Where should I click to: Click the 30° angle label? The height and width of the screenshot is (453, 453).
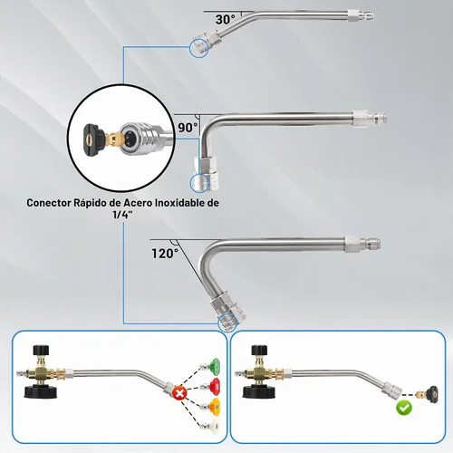pos(225,20)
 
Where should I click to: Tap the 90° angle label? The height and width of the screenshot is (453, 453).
pos(188,128)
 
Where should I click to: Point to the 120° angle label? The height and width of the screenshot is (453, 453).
pos(165,254)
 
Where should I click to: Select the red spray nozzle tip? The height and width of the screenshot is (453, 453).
pos(210,384)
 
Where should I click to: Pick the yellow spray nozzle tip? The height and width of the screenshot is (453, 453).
pos(210,405)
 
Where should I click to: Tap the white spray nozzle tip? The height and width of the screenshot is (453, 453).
pos(210,425)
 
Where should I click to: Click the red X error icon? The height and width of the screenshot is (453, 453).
pos(179,393)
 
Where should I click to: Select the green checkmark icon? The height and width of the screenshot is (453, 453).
pos(404,408)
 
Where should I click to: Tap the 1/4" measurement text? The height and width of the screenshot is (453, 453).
pos(122,215)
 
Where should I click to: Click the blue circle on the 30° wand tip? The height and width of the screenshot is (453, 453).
pos(199,48)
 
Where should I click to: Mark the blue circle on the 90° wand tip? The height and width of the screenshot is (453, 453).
pos(199,183)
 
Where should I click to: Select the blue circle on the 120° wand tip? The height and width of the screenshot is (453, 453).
pos(227,323)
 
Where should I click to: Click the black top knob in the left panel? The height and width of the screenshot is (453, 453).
pos(41,351)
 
